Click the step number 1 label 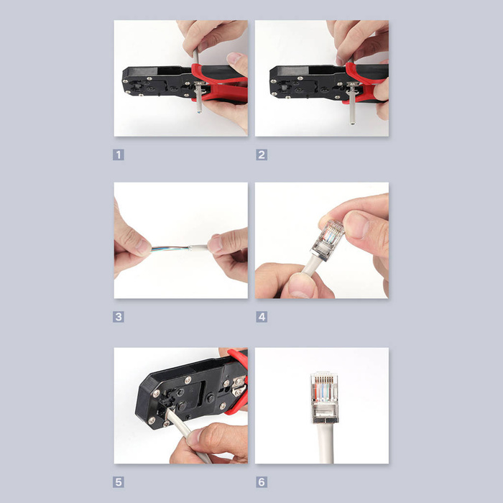[x=119, y=154]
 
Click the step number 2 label [x=262, y=154]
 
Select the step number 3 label [x=119, y=317]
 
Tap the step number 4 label [x=262, y=317]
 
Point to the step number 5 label [x=119, y=482]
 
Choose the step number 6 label [x=262, y=482]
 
